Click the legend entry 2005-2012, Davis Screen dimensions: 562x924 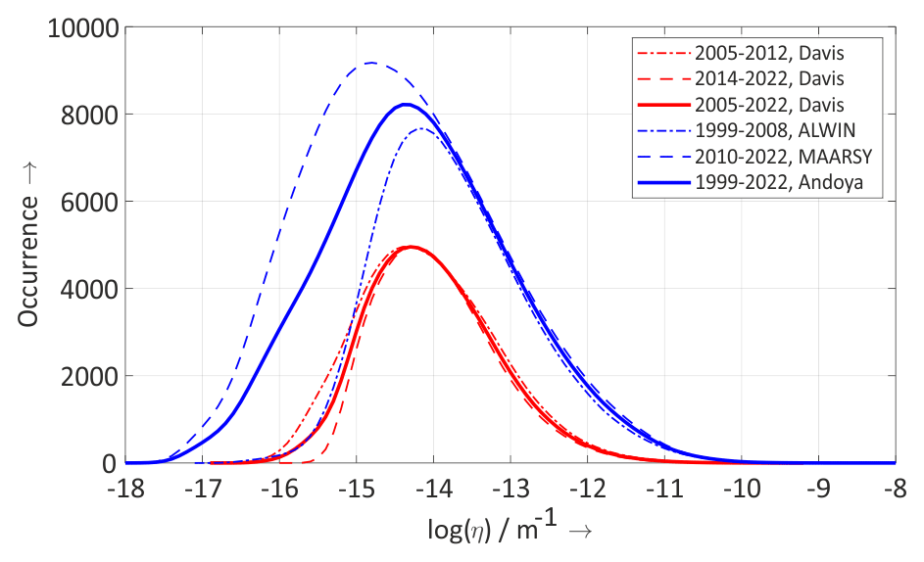coord(770,51)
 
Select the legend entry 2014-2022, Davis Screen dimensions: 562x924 coord(770,77)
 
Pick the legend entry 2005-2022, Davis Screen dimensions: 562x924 coord(770,104)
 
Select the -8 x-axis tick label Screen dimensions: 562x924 coord(895,487)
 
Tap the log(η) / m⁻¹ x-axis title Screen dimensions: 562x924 coord(510,532)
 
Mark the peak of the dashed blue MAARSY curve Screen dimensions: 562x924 coord(370,64)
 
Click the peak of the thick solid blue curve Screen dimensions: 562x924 coord(405,105)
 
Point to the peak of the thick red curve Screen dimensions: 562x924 coord(411,247)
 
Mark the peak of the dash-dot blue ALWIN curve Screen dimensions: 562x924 coord(420,128)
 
